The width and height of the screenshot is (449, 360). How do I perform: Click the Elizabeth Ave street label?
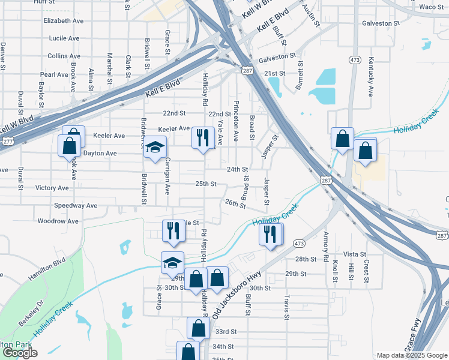(63, 20)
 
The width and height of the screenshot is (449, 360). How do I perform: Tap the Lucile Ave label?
(64, 38)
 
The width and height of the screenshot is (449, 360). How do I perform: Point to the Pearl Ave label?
(55, 75)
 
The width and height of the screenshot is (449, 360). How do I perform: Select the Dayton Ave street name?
(100, 154)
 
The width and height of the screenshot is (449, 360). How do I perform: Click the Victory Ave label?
(52, 188)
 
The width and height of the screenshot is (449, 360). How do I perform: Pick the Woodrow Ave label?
(58, 221)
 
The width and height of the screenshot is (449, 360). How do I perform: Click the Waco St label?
(431, 7)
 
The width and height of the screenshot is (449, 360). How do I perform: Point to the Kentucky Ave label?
(371, 77)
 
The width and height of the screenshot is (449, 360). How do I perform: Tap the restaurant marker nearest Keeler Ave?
(203, 137)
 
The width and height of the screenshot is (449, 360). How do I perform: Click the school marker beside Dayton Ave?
(155, 149)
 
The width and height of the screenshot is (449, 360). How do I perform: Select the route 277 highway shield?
(8, 141)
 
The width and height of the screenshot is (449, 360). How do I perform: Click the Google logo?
(19, 353)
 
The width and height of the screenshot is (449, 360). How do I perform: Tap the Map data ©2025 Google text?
(411, 355)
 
